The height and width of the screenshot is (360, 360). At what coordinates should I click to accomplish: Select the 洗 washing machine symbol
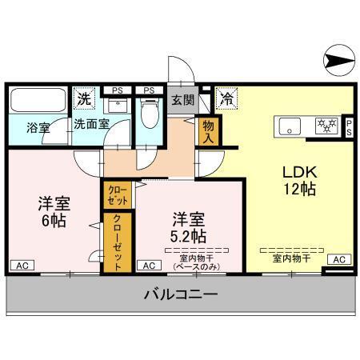(84, 100)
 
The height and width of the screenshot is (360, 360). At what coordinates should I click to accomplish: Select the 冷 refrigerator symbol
(227, 101)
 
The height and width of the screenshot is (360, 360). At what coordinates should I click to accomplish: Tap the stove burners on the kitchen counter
(326, 125)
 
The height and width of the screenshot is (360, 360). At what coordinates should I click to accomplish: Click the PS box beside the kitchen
(350, 126)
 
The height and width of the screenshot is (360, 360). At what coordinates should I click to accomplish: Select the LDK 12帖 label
(298, 181)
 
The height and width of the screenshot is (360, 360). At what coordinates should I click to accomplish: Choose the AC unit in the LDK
(339, 260)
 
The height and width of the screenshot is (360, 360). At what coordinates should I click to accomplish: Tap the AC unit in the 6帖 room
(22, 264)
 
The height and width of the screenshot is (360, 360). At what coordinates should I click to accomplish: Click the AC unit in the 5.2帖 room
(148, 264)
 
